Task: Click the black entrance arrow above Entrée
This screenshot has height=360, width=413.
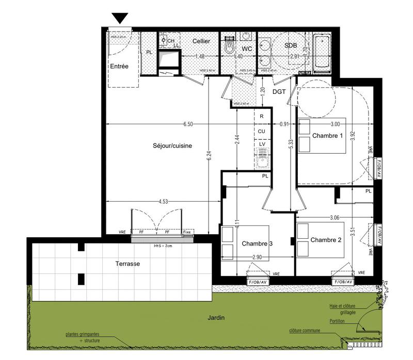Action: click(120, 19)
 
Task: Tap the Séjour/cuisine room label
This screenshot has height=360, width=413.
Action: click(172, 145)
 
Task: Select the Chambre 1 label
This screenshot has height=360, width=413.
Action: click(328, 136)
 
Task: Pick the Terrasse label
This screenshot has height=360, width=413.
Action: click(127, 264)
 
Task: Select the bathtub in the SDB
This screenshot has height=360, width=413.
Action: click(322, 52)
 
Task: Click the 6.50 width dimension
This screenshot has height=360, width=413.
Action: click(188, 124)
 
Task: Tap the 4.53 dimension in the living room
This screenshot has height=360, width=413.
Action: click(164, 201)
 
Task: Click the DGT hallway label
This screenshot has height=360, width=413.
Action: click(279, 92)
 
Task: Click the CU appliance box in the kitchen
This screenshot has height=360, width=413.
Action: click(262, 131)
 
